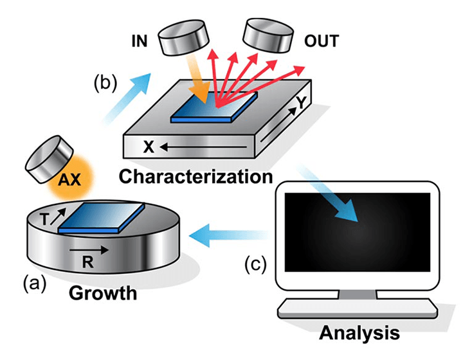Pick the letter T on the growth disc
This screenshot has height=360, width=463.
(44, 219)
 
